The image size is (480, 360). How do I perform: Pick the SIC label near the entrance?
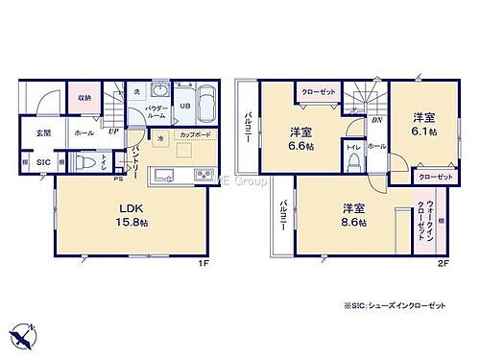coord(43,163)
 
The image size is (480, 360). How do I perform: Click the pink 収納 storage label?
coord(84,98)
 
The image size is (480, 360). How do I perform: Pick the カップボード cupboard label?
coord(195,136)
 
